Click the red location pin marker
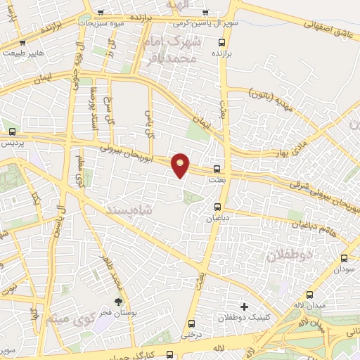(x=181, y=165)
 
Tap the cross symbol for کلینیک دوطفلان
(x=244, y=307)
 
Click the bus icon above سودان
(x=344, y=258)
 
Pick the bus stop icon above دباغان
(x=217, y=207)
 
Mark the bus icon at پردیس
(x=12, y=131)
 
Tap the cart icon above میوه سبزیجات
(x=101, y=13)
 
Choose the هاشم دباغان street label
(x=324, y=229)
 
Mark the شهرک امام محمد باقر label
(x=177, y=50)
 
